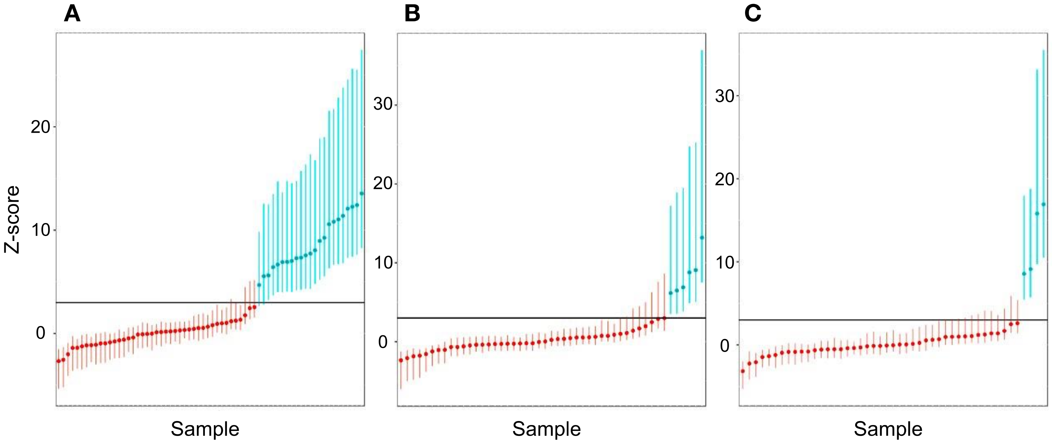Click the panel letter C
(x=753, y=14)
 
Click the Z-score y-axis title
(x=12, y=219)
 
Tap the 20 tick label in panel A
(x=40, y=127)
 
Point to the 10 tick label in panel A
(x=40, y=230)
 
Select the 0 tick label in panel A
(x=40, y=333)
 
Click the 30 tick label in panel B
(x=383, y=104)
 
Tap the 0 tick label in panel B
(x=383, y=342)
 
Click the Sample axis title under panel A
(x=205, y=429)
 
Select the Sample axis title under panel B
(x=547, y=429)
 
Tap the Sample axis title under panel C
(x=888, y=429)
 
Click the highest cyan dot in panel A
(x=361, y=193)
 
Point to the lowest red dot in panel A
(x=58, y=361)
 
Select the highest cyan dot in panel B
(x=702, y=237)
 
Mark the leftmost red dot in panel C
(x=742, y=371)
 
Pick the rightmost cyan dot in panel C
(x=1043, y=204)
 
